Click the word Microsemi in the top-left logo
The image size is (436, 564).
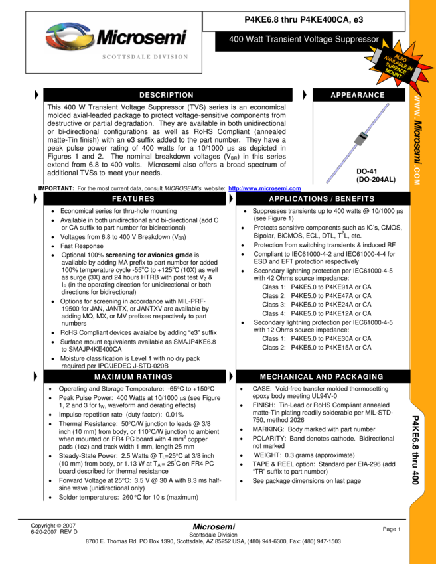tap(141, 38)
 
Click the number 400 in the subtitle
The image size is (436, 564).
tap(236, 40)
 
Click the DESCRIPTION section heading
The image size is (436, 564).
tap(167, 95)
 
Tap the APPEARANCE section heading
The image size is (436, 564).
tap(358, 95)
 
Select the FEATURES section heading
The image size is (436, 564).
tap(133, 199)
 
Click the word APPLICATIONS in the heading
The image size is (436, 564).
tap(298, 199)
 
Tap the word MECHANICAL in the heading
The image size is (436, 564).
tap(287, 377)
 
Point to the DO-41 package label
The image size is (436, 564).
tap(366, 171)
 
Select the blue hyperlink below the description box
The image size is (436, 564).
tap(265, 189)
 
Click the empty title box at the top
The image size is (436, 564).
tap(304, 21)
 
